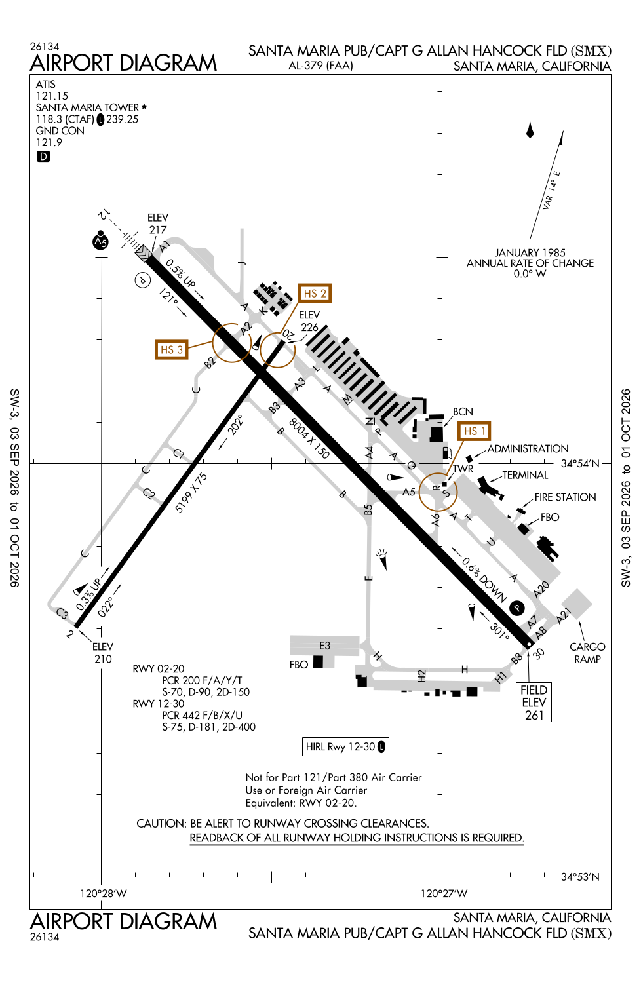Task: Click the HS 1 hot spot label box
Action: [474, 431]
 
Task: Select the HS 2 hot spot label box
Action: [315, 293]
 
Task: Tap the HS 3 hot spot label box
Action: [171, 349]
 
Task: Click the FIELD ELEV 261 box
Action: [534, 702]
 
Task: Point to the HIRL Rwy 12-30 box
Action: [345, 746]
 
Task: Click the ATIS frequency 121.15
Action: [52, 96]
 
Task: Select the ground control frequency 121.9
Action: [49, 142]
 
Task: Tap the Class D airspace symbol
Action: [43, 156]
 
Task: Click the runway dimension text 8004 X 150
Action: [309, 438]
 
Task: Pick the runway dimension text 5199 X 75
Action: [191, 492]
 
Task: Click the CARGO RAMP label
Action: [587, 653]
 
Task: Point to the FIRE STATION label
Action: [565, 497]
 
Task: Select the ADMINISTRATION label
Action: [528, 448]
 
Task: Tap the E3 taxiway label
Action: [324, 646]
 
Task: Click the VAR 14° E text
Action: [551, 190]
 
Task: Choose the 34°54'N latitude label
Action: [580, 463]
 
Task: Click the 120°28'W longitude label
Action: [104, 893]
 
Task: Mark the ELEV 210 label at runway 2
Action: [103, 653]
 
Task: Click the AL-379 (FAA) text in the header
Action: [320, 66]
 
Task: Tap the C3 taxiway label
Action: [62, 613]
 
